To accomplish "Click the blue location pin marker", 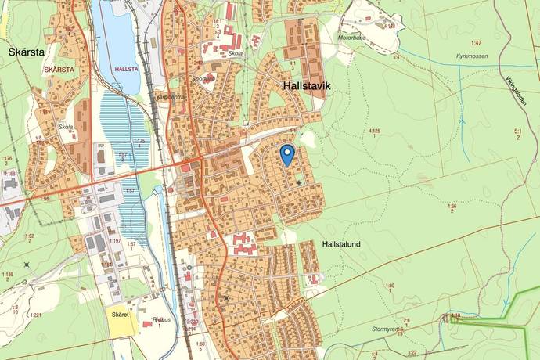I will tap(287, 154).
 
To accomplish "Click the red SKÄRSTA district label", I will tap(60, 69).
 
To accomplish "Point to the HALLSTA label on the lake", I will tap(126, 69).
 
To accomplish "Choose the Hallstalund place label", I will tap(340, 244).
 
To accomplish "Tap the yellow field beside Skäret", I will tap(120, 325).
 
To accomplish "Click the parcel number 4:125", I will tap(376, 131).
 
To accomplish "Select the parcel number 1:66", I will tap(452, 207).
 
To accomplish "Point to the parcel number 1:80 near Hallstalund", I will tap(390, 286).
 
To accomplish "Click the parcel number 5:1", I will tap(518, 131).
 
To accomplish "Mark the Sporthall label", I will tap(205, 79).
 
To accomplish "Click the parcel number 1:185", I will tap(9, 275).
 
